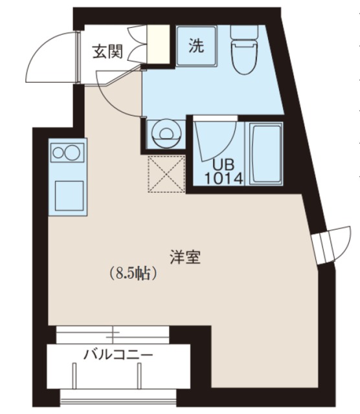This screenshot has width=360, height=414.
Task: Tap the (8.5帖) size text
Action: pyautogui.click(x=134, y=274)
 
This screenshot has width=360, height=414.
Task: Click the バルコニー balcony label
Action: pyautogui.click(x=118, y=354)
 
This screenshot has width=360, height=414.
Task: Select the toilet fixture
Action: pyautogui.click(x=246, y=50)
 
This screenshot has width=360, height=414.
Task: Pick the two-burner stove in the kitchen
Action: pyautogui.click(x=67, y=153)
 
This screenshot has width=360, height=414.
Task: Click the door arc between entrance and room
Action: pyautogui.click(x=117, y=91)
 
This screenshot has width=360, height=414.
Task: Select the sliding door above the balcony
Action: pyautogui.click(x=114, y=334)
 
